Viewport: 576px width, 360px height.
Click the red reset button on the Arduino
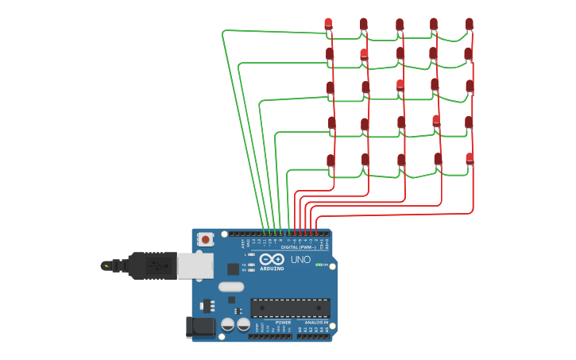tap(206, 238)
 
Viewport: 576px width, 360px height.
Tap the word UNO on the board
tap(300, 260)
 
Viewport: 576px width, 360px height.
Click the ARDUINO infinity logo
tap(271, 259)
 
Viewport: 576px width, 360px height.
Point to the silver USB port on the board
tap(195, 265)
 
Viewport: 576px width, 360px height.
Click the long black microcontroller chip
tap(290, 308)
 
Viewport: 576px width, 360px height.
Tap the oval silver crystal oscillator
tap(230, 287)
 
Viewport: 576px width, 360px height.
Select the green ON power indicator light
tap(319, 265)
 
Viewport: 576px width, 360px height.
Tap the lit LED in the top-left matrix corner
tap(328, 23)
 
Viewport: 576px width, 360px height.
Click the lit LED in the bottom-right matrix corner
tap(470, 158)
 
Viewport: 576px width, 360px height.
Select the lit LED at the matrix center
tap(400, 85)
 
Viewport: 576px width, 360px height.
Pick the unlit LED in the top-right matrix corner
tap(470, 24)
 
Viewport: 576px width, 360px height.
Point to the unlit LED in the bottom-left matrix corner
tap(331, 161)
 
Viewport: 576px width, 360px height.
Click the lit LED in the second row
tap(364, 54)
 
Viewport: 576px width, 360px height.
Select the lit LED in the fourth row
tap(436, 121)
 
